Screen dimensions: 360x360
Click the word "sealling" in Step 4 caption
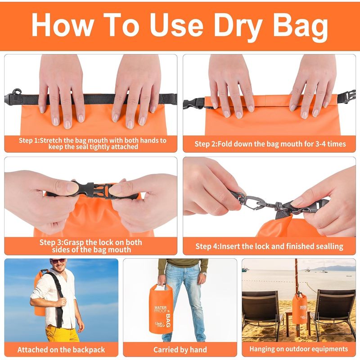click(x=329, y=246)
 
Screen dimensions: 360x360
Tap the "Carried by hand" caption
click(x=180, y=350)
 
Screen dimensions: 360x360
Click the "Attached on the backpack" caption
click(x=61, y=350)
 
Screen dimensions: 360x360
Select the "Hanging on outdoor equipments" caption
click(x=299, y=349)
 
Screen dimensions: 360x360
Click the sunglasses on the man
click(x=58, y=261)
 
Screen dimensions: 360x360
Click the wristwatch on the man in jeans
click(x=204, y=274)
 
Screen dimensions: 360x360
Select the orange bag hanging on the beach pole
click(x=299, y=308)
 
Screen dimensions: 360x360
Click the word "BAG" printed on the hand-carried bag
click(x=168, y=320)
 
